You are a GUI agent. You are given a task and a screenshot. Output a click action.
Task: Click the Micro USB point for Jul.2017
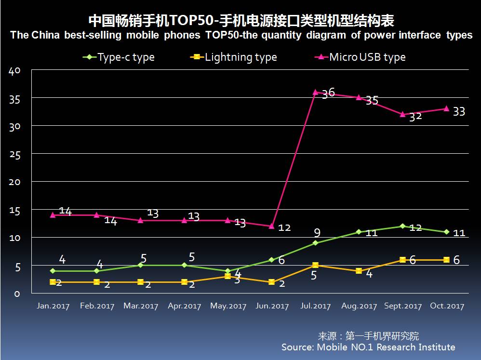tap(316, 92)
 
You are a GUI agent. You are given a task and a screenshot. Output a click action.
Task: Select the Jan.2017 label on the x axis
tap(53, 306)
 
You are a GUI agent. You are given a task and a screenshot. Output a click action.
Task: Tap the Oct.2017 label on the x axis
tap(446, 306)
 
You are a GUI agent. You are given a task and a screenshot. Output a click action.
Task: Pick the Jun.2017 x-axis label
tap(272, 306)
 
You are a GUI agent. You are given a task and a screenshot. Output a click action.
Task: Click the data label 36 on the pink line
tap(328, 93)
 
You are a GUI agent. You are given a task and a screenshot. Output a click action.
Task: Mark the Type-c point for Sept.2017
tap(403, 226)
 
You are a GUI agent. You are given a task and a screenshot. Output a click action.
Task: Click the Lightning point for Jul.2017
tap(316, 265)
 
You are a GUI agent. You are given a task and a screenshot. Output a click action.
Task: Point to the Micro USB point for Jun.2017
tap(272, 226)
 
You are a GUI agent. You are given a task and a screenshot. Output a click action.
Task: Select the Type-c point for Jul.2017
tap(316, 243)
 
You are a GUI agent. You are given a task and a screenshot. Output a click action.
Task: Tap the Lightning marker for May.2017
tap(228, 276)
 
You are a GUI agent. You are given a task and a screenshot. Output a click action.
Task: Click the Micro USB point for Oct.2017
tap(446, 108)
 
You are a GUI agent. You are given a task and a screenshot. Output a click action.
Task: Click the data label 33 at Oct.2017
tap(459, 111)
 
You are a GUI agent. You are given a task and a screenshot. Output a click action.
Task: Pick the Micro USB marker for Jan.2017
tap(53, 215)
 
